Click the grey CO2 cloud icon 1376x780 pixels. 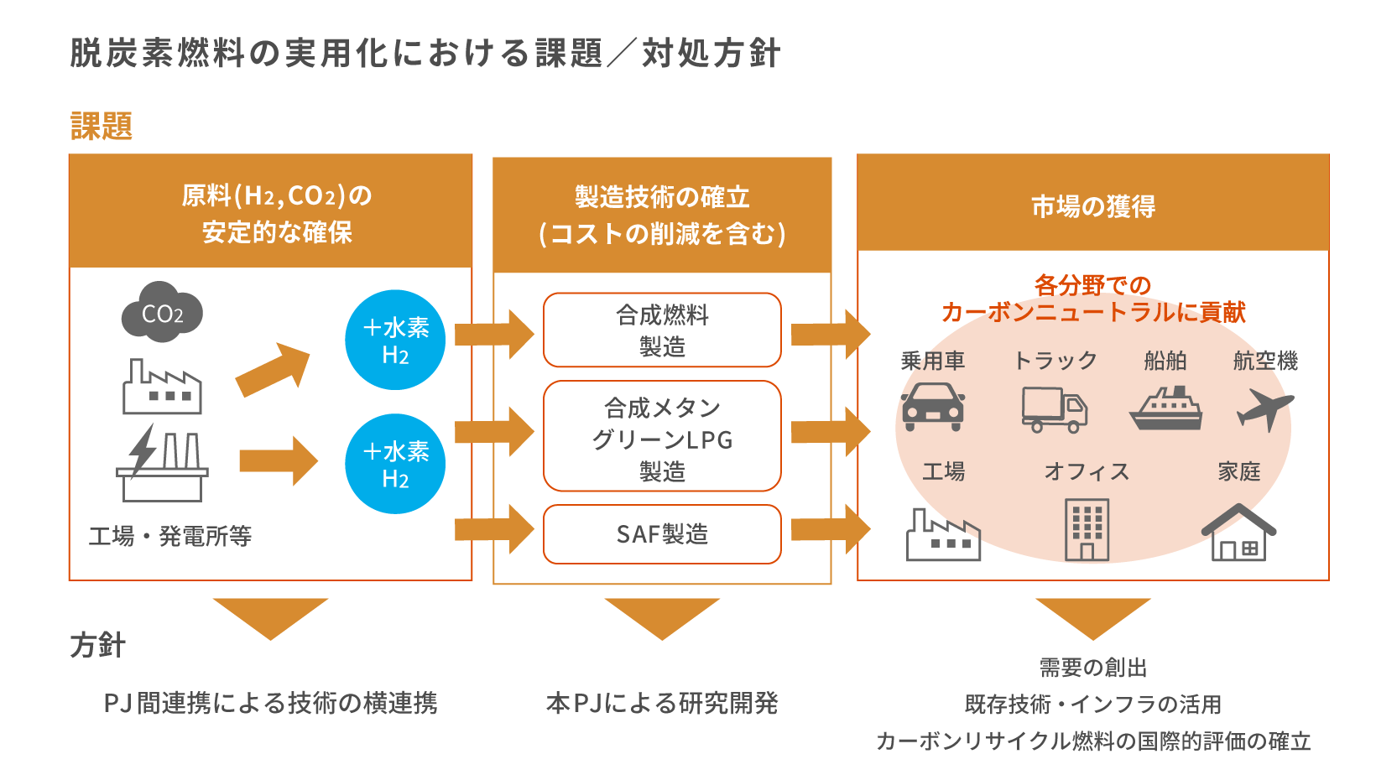point(162,313)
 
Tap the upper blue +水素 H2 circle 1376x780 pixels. point(395,340)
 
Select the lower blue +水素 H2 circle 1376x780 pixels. point(395,464)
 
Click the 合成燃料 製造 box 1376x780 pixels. point(662,330)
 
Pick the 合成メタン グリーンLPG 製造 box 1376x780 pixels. point(662,436)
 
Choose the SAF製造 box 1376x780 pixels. point(662,534)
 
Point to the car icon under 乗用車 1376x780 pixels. point(932,407)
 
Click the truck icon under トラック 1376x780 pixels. point(1054,409)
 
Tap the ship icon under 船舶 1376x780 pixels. point(1165,408)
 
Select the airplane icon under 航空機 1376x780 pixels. point(1264,408)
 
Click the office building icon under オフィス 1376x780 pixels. point(1087,529)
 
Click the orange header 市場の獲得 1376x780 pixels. point(1092,205)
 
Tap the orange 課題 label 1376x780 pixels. point(102,127)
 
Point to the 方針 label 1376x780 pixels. point(98,645)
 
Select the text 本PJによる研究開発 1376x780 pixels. point(662,703)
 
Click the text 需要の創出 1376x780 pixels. point(1092,668)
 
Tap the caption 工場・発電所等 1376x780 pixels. point(170,536)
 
